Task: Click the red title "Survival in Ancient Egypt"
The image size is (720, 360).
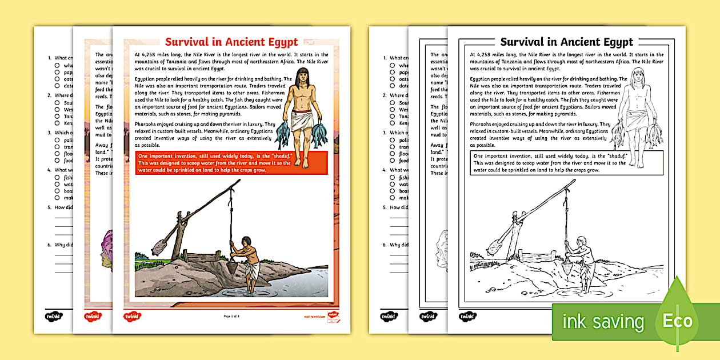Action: [231, 42]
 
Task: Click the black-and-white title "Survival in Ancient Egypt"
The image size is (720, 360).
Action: [566, 42]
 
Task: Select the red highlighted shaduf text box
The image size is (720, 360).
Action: [231, 163]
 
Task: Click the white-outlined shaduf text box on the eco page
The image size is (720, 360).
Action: [566, 163]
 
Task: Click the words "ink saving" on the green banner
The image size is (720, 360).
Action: [603, 322]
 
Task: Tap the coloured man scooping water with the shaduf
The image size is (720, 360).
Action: [247, 260]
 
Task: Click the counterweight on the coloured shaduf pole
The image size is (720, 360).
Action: [159, 246]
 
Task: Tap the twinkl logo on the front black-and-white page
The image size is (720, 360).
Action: [467, 315]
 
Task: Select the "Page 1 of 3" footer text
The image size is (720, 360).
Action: [231, 316]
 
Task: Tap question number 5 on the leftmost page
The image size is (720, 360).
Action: [49, 207]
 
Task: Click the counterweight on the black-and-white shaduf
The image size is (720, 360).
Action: [494, 246]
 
